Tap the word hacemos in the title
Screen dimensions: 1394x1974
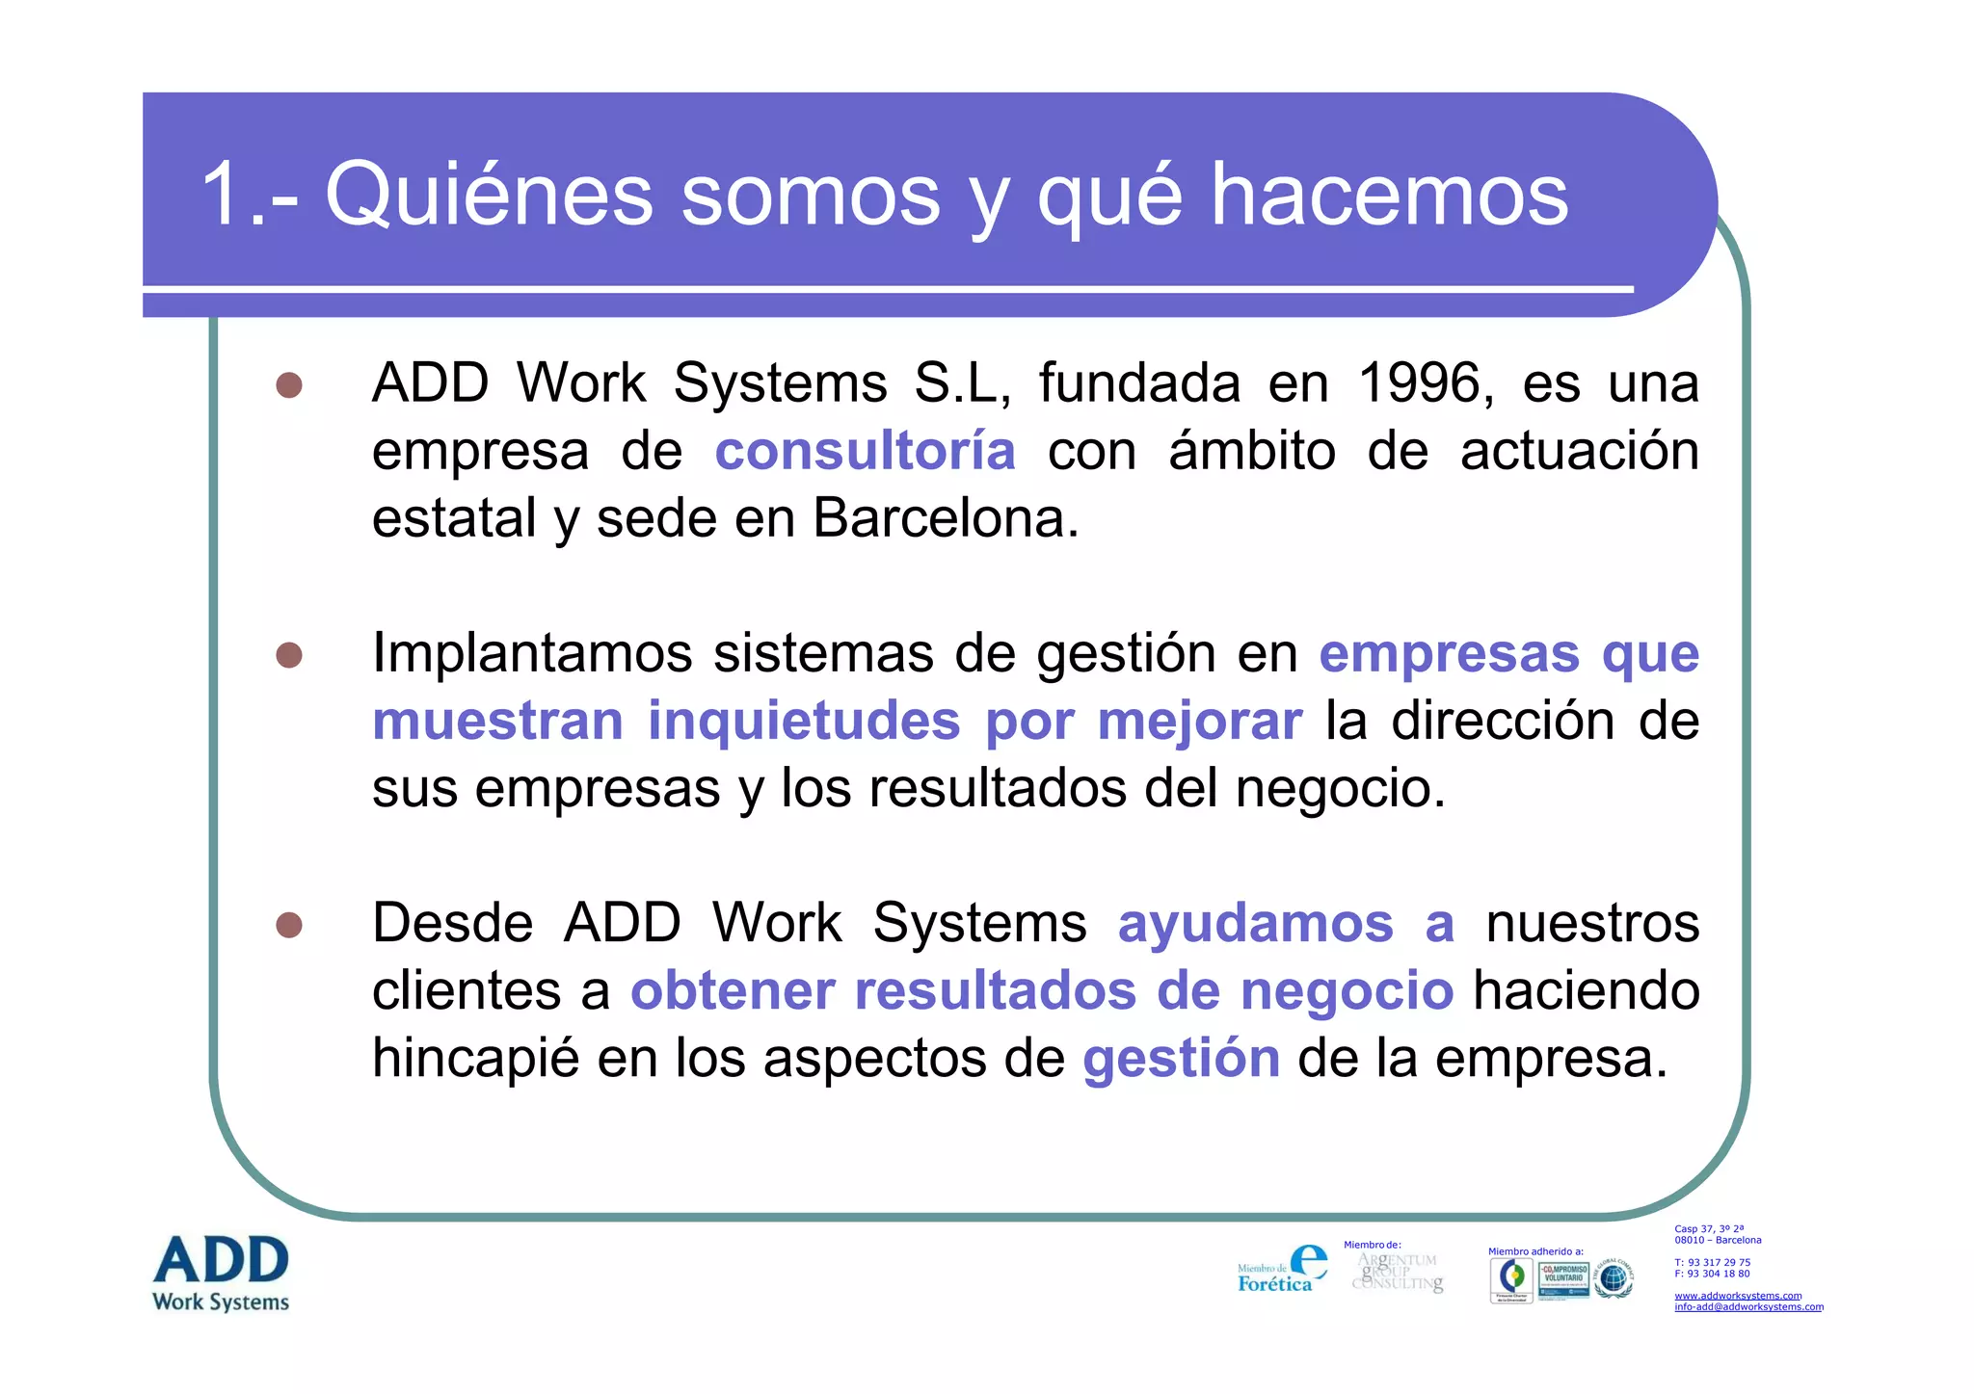pyautogui.click(x=1389, y=196)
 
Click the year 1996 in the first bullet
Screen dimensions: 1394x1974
pyautogui.click(x=1419, y=383)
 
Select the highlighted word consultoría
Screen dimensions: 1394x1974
pyautogui.click(x=865, y=451)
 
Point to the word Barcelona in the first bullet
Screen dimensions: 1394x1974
pyautogui.click(x=946, y=518)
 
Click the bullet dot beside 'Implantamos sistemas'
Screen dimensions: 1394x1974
pyautogui.click(x=289, y=655)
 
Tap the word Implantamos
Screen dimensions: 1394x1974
pyautogui.click(x=532, y=653)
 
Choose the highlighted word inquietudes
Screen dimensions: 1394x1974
pyautogui.click(x=804, y=721)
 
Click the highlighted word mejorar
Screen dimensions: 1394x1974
pyautogui.click(x=1199, y=721)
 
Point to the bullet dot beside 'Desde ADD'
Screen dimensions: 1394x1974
pyautogui.click(x=289, y=925)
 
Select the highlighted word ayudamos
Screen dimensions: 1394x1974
pyautogui.click(x=1255, y=923)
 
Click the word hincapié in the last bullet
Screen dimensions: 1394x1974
pyautogui.click(x=475, y=1058)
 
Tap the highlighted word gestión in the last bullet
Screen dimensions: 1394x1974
pyautogui.click(x=1181, y=1058)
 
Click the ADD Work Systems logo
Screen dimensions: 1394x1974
pyautogui.click(x=221, y=1274)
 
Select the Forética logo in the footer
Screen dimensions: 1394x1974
pyautogui.click(x=1282, y=1270)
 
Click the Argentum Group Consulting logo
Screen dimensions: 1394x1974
pyautogui.click(x=1398, y=1272)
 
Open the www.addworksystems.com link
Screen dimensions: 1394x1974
pyautogui.click(x=1737, y=1296)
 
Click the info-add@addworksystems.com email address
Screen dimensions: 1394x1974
pyautogui.click(x=1748, y=1307)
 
